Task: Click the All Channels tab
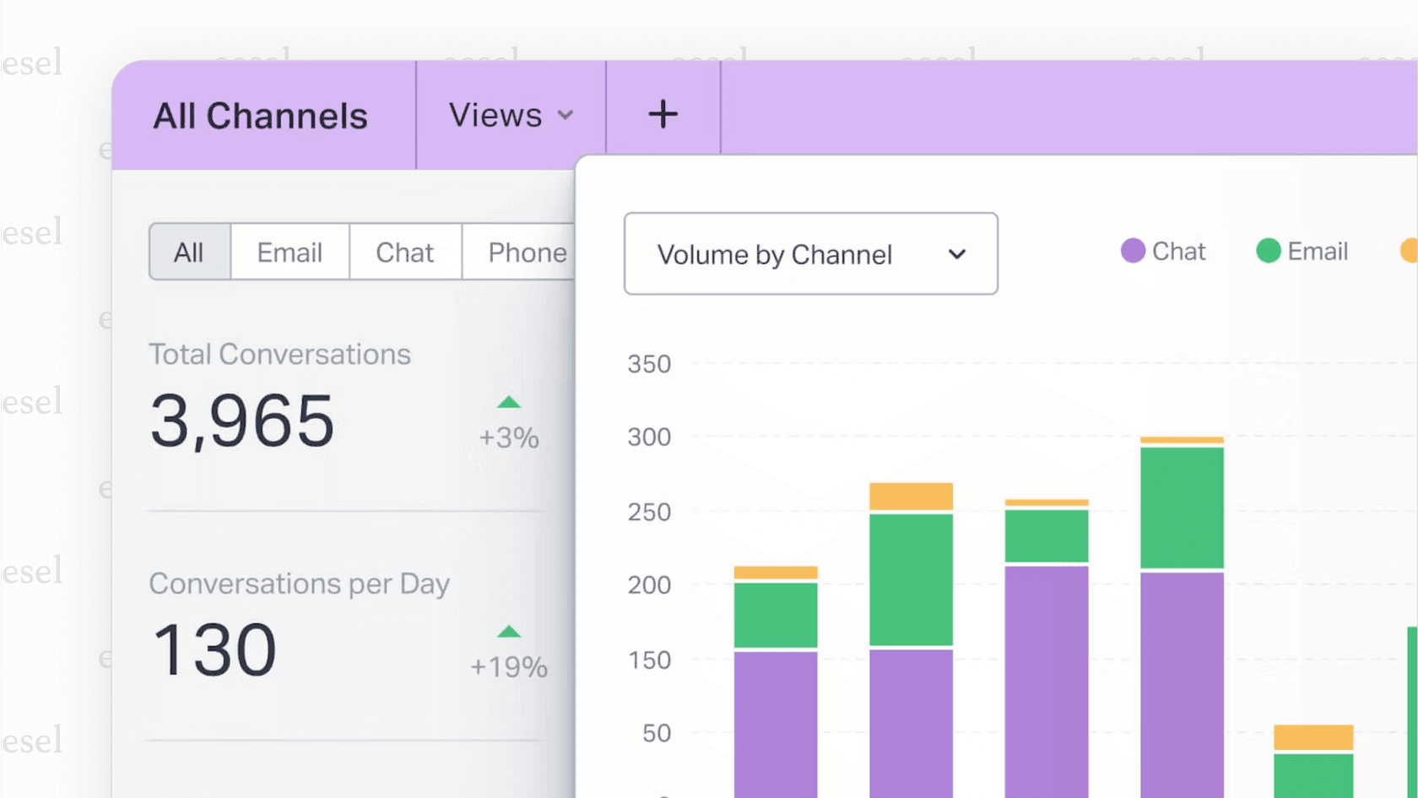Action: [x=260, y=116]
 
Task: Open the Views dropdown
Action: [x=510, y=115]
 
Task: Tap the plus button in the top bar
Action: [x=663, y=114]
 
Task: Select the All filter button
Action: [x=189, y=252]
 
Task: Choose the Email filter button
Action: [x=290, y=252]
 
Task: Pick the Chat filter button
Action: [x=405, y=252]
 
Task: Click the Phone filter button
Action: [x=526, y=252]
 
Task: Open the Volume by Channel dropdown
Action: [x=810, y=253]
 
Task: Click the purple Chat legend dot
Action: [x=1133, y=251]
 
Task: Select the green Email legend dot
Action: [x=1268, y=251]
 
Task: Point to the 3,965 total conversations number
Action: [x=243, y=421]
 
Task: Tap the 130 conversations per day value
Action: [x=214, y=649]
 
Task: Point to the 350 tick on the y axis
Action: [x=649, y=364]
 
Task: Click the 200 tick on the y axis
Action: [x=649, y=584]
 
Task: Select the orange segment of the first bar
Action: [x=775, y=573]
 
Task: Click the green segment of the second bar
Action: [x=911, y=579]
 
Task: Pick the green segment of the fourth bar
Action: [x=1182, y=507]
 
